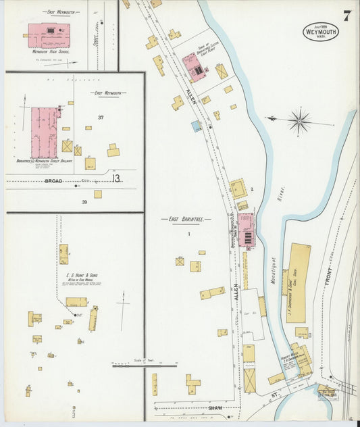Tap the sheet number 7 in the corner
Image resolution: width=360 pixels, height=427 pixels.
346,14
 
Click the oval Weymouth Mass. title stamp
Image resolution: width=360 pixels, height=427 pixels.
319,32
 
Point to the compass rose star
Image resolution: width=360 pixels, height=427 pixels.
299,122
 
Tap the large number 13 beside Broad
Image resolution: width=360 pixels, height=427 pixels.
116,178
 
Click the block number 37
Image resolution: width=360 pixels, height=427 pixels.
100,118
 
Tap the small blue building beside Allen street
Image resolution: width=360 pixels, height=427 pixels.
196,126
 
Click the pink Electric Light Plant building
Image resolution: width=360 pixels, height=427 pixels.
195,67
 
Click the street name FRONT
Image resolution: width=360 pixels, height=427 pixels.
330,270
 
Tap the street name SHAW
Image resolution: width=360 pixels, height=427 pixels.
215,407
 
